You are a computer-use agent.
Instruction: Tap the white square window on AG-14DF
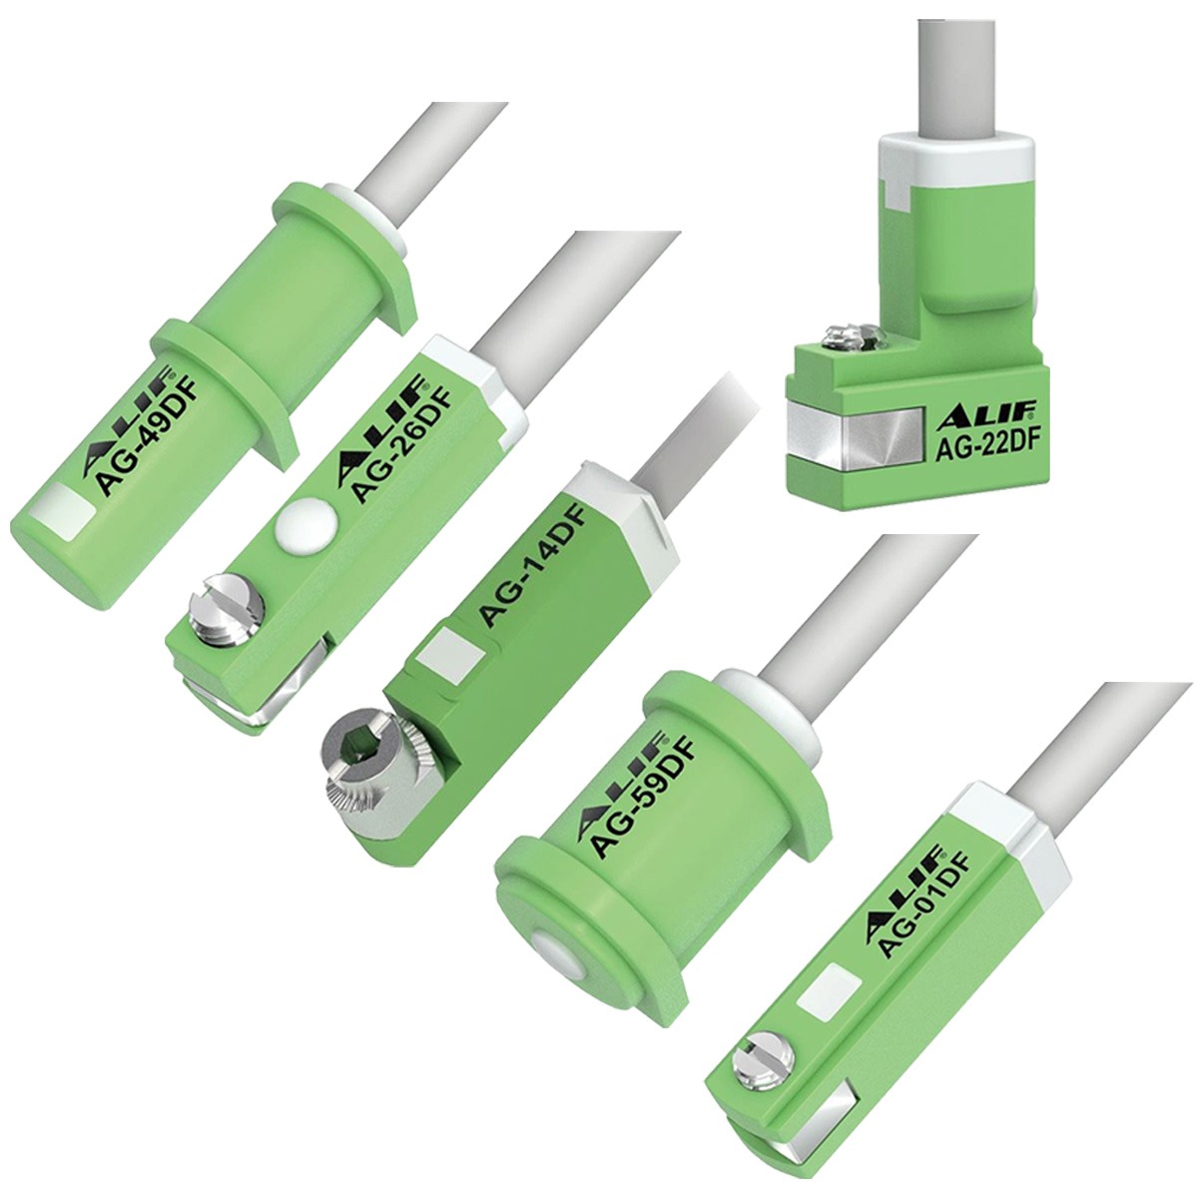[x=435, y=655]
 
